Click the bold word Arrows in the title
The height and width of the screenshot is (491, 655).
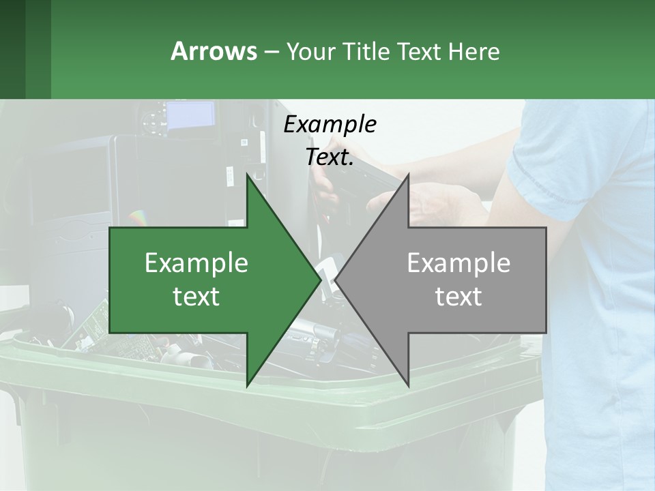tap(213, 51)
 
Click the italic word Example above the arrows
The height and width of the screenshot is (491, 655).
tap(330, 124)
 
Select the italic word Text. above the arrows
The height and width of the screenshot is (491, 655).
tap(330, 157)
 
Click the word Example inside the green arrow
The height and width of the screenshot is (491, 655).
tap(196, 263)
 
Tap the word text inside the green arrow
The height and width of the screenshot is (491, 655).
tap(196, 296)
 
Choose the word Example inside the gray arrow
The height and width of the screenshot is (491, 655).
tap(458, 263)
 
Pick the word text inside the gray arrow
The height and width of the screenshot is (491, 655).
tap(458, 296)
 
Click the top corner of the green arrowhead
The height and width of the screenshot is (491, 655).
tap(248, 175)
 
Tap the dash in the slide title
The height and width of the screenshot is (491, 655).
tap(270, 52)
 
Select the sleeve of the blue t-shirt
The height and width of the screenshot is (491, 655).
tap(546, 157)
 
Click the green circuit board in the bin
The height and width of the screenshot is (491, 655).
tap(96, 321)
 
